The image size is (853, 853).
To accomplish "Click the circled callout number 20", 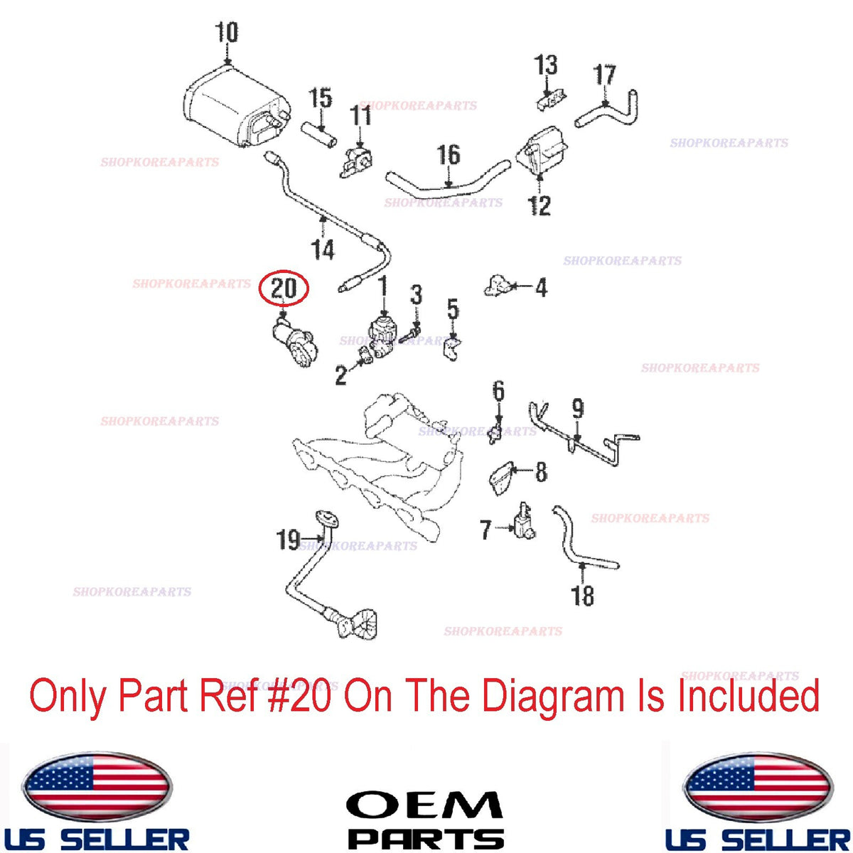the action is point(284,288).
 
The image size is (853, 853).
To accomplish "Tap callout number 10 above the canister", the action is point(227,32).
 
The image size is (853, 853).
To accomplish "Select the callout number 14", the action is point(323,250).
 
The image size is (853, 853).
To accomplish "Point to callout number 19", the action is point(288,540).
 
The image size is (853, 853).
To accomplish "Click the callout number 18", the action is point(583,596).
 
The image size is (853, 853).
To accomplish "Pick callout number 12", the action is point(540,206).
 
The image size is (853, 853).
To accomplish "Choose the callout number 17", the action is point(605,75).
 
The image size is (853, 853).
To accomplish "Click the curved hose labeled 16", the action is point(447,183).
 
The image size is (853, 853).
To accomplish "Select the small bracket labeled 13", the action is point(551,102).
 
